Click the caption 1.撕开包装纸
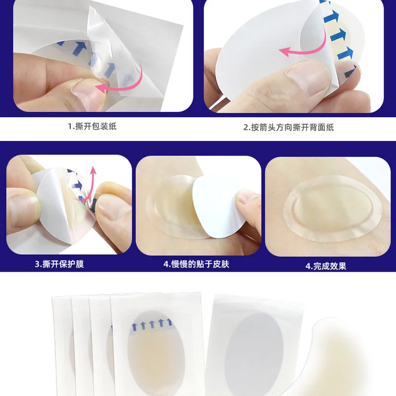[x=92, y=126]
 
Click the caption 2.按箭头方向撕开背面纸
[x=289, y=127]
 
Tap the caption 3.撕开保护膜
[x=59, y=264]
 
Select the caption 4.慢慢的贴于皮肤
[x=196, y=264]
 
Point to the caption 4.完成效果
[x=326, y=266]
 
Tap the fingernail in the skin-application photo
[x=246, y=196]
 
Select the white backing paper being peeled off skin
[x=217, y=207]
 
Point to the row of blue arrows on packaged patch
[x=152, y=324]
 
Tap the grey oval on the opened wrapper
[x=254, y=353]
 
